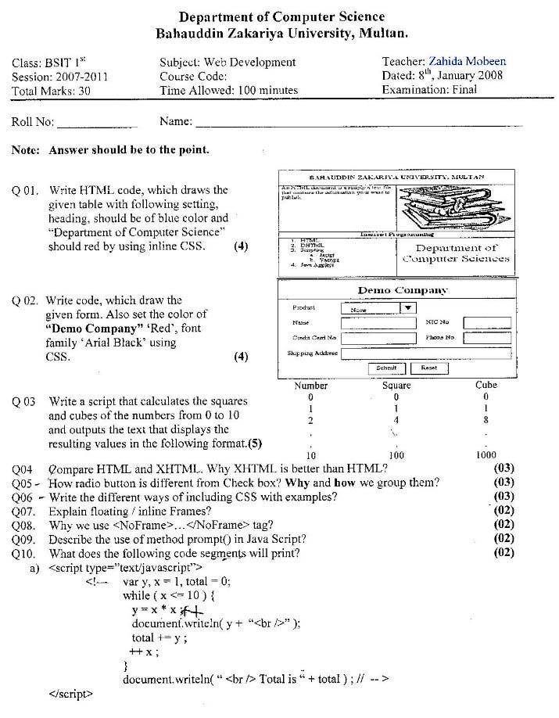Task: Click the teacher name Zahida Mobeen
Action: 467,61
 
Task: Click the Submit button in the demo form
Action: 386,368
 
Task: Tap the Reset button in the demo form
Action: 428,368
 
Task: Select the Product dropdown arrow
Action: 407,308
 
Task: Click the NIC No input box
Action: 486,322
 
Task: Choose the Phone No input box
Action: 486,338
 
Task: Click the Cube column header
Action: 486,385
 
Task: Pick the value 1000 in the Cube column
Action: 486,455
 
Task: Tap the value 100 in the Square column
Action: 396,455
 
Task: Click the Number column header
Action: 310,385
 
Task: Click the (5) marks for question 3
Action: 254,443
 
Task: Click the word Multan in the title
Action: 382,33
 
